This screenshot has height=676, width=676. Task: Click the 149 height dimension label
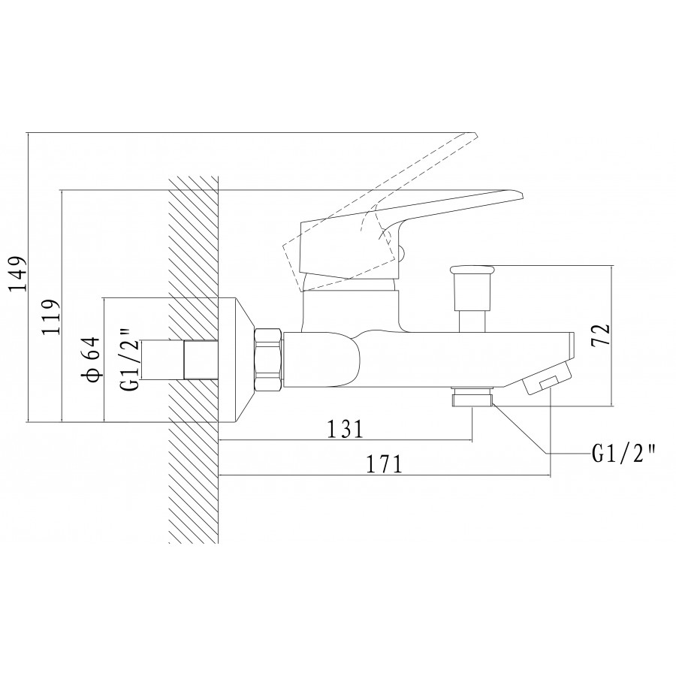[x=18, y=274]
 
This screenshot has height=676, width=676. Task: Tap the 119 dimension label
[x=50, y=317]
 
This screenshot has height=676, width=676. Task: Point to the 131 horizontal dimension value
[x=346, y=429]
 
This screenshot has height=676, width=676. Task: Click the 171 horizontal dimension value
[x=384, y=464]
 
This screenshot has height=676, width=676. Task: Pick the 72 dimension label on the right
[x=601, y=334]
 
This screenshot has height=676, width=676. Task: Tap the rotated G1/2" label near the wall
[x=131, y=359]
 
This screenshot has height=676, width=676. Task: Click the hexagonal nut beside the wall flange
[x=269, y=360]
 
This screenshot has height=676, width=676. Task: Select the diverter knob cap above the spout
[x=472, y=270]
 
